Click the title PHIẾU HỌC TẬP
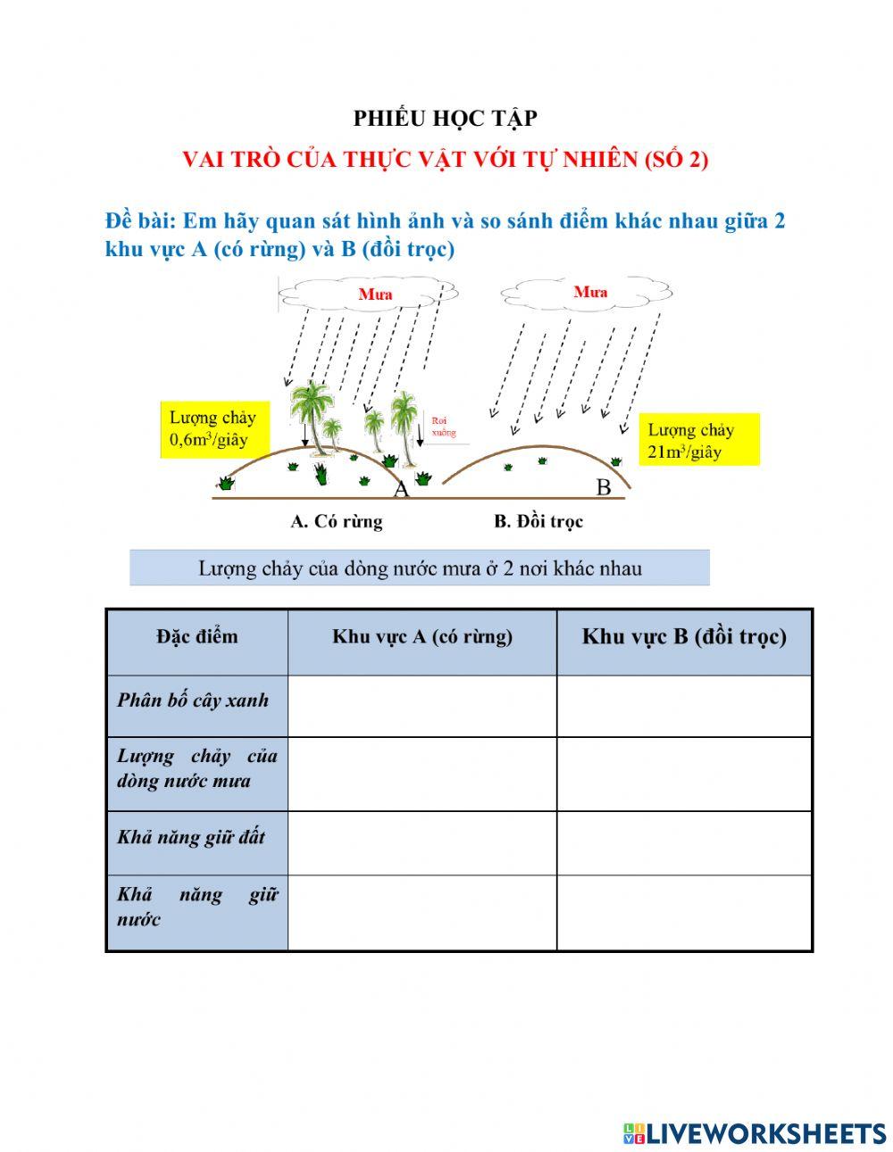445,118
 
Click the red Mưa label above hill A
375,294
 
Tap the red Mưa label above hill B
590,292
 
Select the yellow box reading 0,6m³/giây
213,429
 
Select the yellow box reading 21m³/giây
698,440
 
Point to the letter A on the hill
401,489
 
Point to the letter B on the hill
604,487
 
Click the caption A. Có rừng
337,521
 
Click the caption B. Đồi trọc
538,521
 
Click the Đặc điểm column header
197,636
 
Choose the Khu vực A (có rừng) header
422,636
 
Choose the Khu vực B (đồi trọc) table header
684,636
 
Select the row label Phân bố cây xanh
193,700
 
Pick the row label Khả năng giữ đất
191,837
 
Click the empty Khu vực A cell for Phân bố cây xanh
422,705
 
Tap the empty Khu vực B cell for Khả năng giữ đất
684,842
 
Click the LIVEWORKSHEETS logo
755,1133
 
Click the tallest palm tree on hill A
312,419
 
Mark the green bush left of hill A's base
226,483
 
